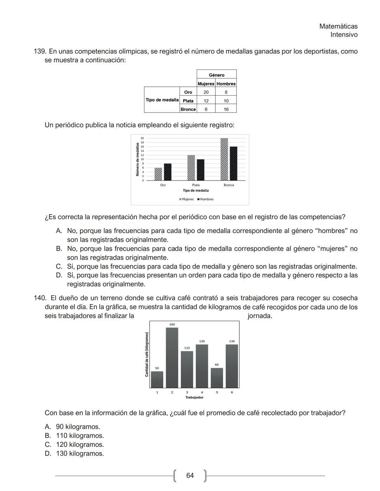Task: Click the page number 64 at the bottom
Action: [x=190, y=476]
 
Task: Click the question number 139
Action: [x=39, y=52]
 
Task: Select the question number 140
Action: [x=39, y=298]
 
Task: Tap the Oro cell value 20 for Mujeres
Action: [x=206, y=92]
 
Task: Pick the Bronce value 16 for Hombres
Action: [x=226, y=109]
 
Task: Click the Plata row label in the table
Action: [x=188, y=101]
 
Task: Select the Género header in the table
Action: [x=216, y=75]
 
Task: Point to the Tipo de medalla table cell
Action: [x=162, y=100]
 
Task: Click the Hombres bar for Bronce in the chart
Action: [x=233, y=163]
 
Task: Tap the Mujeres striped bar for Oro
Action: [x=158, y=174]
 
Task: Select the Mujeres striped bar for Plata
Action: [x=191, y=168]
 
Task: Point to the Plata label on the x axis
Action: [x=196, y=185]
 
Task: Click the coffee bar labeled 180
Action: [x=172, y=357]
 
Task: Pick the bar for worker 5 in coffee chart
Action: [x=217, y=378]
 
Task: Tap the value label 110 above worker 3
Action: [x=187, y=348]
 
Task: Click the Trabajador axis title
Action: [x=194, y=398]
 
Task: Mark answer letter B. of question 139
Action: [x=59, y=249]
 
